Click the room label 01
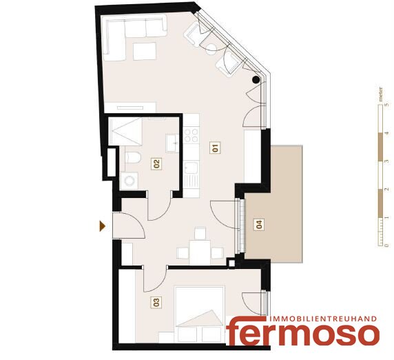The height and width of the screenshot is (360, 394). point(215,148)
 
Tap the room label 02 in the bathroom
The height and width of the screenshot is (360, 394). point(156,163)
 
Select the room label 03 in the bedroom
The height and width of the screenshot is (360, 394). point(156,302)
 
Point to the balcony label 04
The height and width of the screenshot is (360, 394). point(259,224)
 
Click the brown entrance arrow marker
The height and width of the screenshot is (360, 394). point(102,226)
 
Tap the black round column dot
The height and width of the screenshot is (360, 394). point(256,80)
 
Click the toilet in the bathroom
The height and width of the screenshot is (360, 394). point(133,157)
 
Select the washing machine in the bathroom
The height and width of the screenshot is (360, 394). point(129,181)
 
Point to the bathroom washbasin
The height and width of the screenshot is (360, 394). point(172,143)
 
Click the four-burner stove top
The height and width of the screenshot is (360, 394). point(191,135)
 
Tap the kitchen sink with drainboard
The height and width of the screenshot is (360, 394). point(191,174)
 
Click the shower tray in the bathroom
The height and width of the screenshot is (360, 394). point(125,132)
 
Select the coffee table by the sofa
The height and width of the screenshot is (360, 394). point(145,51)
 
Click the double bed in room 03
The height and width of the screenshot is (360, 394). point(200,314)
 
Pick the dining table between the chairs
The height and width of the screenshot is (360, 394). point(200,252)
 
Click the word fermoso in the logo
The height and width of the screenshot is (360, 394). point(303,332)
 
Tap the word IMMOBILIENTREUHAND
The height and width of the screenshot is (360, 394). point(323,319)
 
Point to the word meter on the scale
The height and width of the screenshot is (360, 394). point(381,94)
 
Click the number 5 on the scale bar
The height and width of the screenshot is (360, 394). point(386,104)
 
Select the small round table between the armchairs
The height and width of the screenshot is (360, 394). point(211,49)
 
